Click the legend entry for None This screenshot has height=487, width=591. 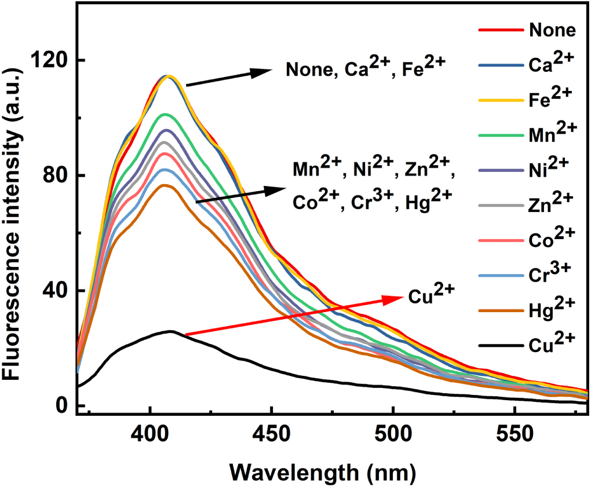552,30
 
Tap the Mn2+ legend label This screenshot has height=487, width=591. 552,134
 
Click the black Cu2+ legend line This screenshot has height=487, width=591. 499,346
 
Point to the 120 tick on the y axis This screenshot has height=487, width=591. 52,60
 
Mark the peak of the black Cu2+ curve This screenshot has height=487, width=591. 171,332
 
